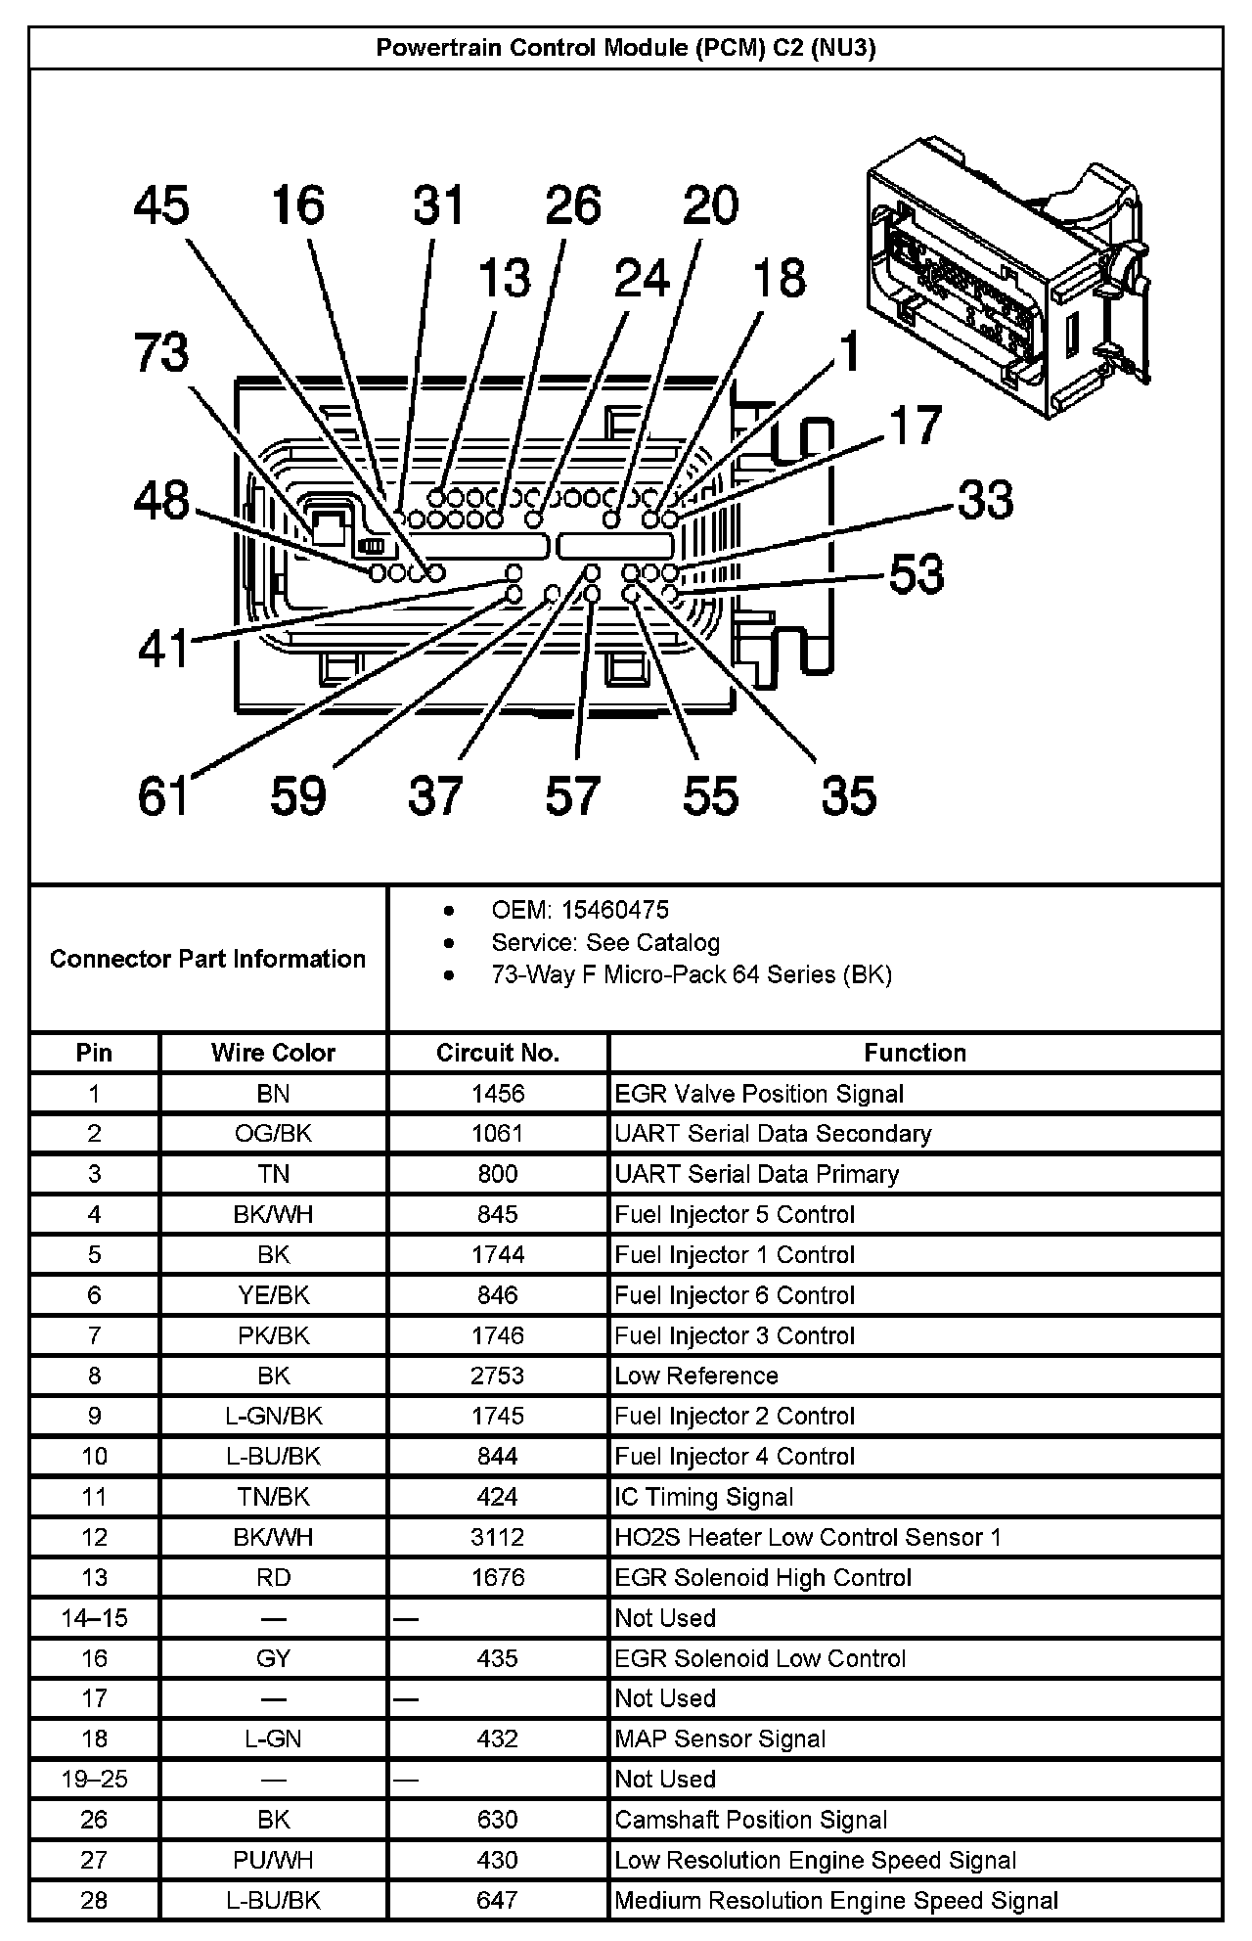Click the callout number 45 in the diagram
click(x=161, y=206)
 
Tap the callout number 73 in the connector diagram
click(x=161, y=352)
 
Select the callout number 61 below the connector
click(x=162, y=795)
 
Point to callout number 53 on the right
click(x=917, y=573)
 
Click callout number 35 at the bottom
click(x=848, y=795)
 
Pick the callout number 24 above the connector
click(x=642, y=278)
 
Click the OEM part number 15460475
click(x=614, y=910)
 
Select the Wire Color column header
click(x=273, y=1053)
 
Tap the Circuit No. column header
click(x=497, y=1053)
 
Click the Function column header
click(x=915, y=1053)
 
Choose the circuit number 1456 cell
click(x=497, y=1093)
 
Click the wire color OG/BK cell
click(x=273, y=1133)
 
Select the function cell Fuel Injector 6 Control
click(x=735, y=1295)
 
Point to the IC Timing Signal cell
click(x=704, y=1497)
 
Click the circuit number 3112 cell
click(x=497, y=1537)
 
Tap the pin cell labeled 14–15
click(x=94, y=1618)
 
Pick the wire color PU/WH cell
click(x=273, y=1860)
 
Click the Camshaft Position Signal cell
click(x=751, y=1820)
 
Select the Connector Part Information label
click(x=207, y=959)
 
